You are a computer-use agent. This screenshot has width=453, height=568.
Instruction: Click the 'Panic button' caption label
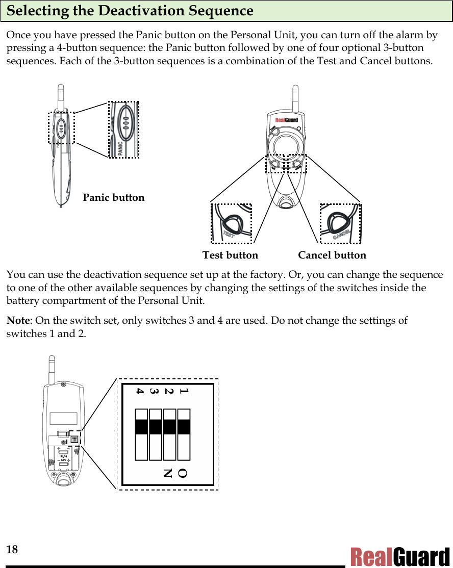pyautogui.click(x=113, y=197)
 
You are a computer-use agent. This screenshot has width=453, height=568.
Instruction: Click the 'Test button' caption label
pyautogui.click(x=230, y=255)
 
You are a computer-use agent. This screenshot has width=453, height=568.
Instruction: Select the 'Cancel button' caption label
pyautogui.click(x=332, y=255)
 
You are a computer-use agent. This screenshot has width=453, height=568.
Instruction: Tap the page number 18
pyautogui.click(x=12, y=549)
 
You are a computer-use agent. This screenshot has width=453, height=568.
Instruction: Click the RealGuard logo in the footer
pyautogui.click(x=399, y=557)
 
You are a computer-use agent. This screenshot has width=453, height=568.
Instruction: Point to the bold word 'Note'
pyautogui.click(x=18, y=321)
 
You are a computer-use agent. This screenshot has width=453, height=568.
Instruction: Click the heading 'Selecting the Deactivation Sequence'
pyautogui.click(x=130, y=11)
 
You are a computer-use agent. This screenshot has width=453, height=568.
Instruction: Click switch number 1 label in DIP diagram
pyautogui.click(x=184, y=392)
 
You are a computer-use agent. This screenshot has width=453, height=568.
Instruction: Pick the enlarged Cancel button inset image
pyautogui.click(x=340, y=223)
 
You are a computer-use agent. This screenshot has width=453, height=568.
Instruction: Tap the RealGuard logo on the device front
pyautogui.click(x=286, y=120)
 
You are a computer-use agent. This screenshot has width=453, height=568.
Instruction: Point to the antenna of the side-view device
pyautogui.click(x=60, y=97)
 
